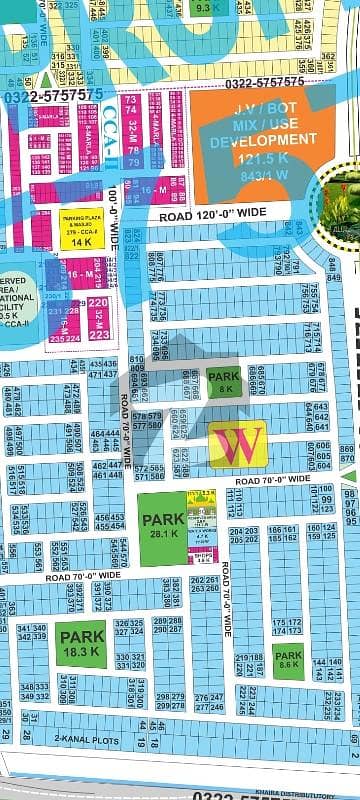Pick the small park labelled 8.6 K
[288, 661]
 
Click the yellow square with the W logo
[238, 444]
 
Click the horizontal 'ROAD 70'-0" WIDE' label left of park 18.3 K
[82, 575]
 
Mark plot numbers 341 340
[31, 632]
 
